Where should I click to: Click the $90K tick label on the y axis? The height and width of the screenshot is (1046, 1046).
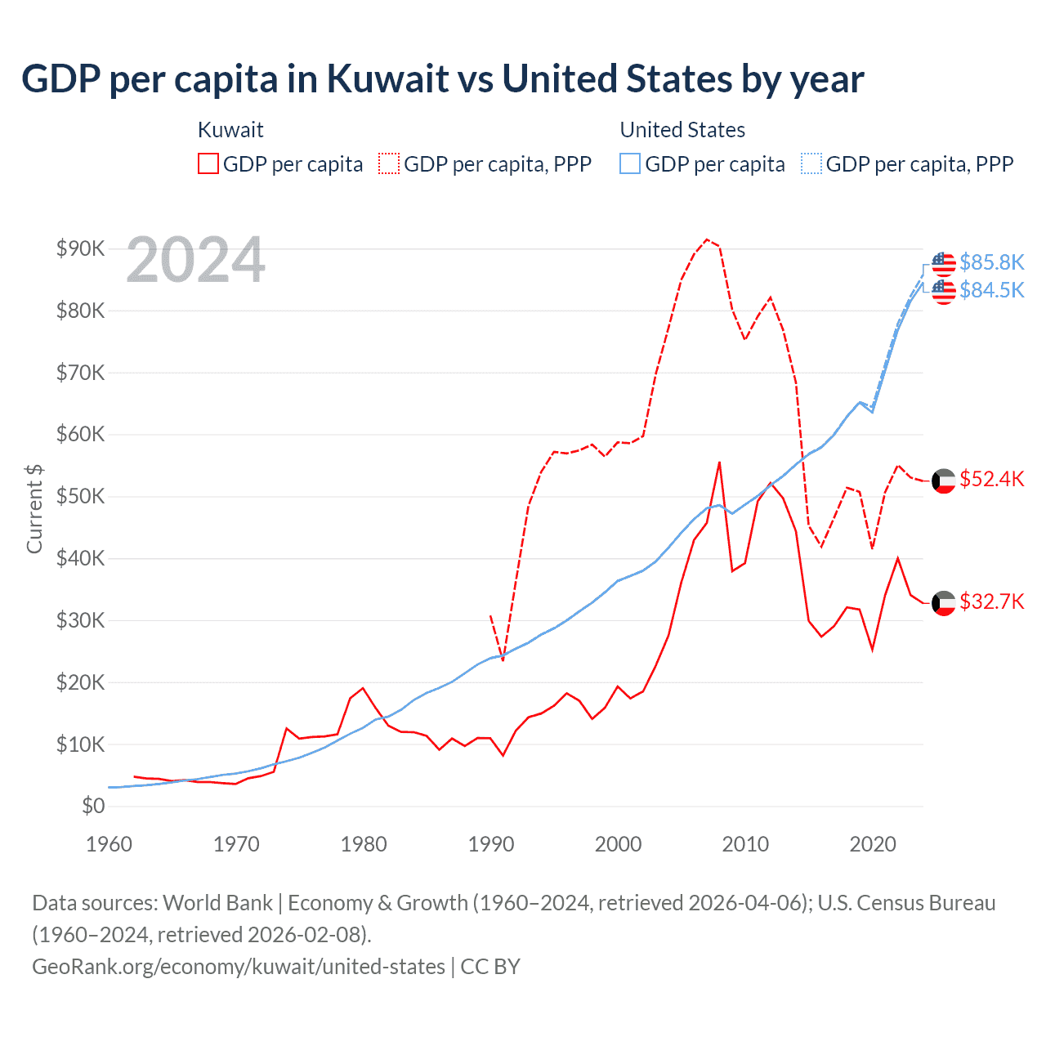click(x=80, y=248)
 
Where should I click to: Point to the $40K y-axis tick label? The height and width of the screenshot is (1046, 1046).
click(x=80, y=558)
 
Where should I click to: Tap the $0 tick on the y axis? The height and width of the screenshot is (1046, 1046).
click(x=93, y=806)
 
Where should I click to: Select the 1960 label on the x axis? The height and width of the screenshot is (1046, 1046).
click(x=109, y=844)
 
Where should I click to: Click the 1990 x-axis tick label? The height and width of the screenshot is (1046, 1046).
click(x=491, y=844)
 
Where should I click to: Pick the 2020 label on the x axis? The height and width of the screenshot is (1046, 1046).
click(x=873, y=844)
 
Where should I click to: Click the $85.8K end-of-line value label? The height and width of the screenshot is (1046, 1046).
click(x=991, y=262)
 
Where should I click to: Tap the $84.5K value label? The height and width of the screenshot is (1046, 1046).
click(x=991, y=290)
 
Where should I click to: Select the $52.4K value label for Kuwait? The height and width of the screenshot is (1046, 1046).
click(x=991, y=479)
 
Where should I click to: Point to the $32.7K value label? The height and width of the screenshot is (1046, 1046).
click(x=991, y=602)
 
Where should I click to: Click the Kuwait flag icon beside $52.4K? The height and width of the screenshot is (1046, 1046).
click(x=944, y=481)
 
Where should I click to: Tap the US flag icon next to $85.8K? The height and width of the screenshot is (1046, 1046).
click(x=944, y=264)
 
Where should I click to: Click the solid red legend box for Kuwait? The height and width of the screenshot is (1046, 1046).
click(x=208, y=164)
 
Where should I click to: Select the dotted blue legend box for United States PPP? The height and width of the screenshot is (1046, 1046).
click(x=811, y=164)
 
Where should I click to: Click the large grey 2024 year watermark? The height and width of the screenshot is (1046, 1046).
click(x=196, y=261)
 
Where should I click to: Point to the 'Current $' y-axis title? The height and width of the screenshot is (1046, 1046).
click(x=34, y=508)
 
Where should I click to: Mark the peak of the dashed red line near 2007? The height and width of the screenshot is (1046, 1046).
click(x=707, y=239)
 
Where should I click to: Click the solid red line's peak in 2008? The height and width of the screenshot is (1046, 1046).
click(x=719, y=462)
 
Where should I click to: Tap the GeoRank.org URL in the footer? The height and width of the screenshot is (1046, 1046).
click(x=239, y=967)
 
